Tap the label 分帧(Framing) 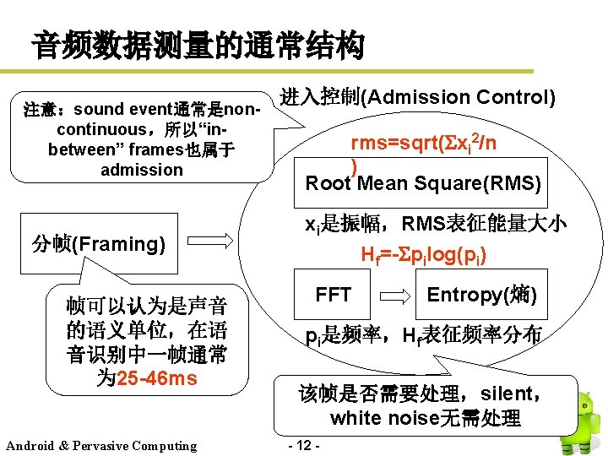point(97,245)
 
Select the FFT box point(333,295)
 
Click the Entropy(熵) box point(481,295)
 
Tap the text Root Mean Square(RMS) point(423,183)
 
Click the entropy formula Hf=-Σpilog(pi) point(423,255)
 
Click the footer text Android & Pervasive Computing point(100,446)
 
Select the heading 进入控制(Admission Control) point(417,98)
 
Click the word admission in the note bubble point(141,170)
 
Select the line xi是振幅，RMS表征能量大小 point(436,224)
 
